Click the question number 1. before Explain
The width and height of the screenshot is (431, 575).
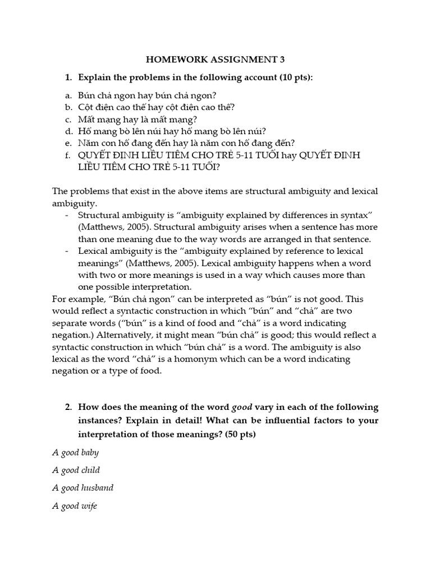[69, 77]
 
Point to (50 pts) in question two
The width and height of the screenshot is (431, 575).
[240, 434]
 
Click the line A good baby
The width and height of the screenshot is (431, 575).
[75, 453]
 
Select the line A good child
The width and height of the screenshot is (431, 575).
[76, 470]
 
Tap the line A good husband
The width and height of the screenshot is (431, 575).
[83, 488]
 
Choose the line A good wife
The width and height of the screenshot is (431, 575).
[75, 506]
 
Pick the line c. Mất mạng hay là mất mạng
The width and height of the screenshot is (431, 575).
[137, 120]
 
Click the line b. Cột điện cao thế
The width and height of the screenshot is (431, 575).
[156, 107]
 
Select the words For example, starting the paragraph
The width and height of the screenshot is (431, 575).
[76, 299]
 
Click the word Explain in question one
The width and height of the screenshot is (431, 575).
[94, 77]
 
